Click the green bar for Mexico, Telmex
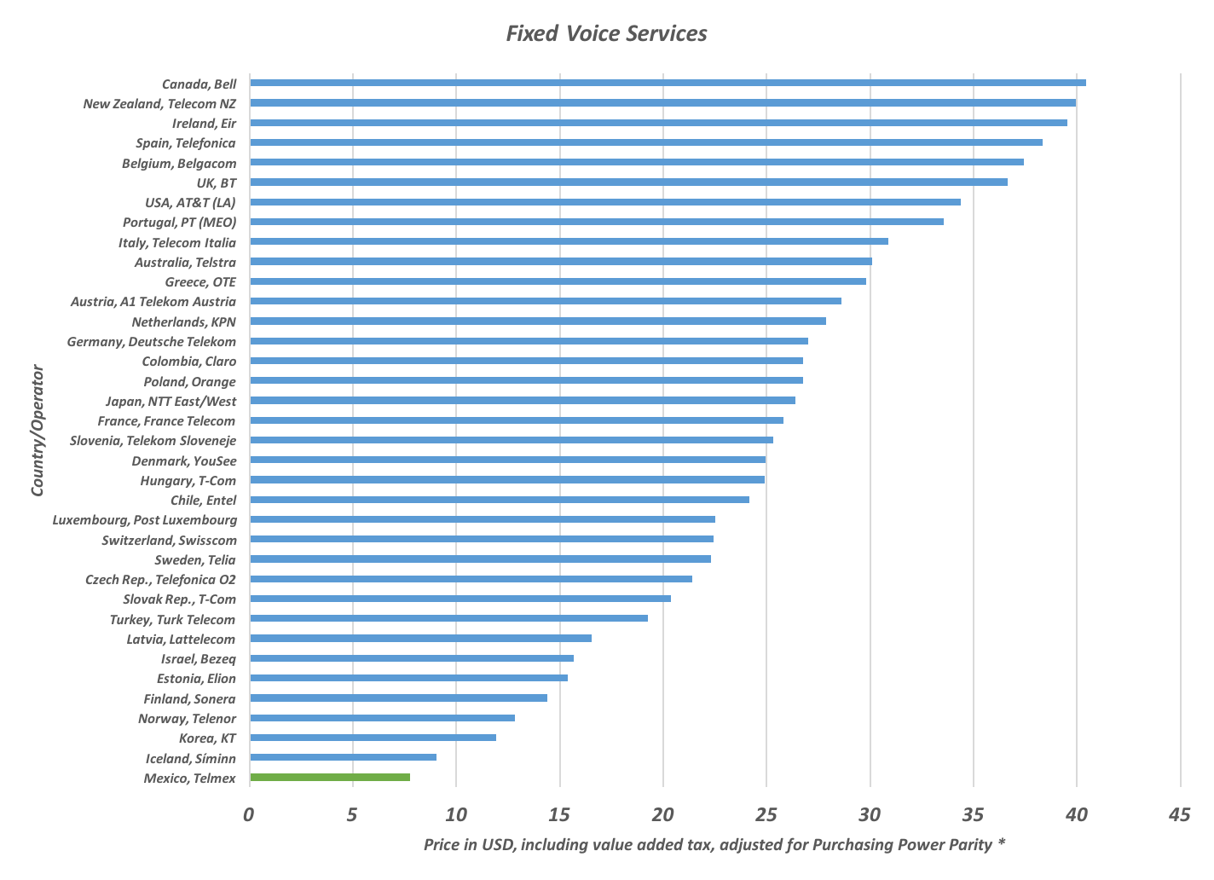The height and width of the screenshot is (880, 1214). coord(329,777)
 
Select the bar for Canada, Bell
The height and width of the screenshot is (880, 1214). coord(667,83)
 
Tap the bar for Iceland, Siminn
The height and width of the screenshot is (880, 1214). coord(343,757)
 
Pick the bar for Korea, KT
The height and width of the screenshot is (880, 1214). coord(373,738)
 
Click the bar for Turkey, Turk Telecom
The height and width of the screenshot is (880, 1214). coord(448,618)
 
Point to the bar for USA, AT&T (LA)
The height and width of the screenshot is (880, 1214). coord(604,202)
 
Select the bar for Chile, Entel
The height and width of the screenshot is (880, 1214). coord(499,500)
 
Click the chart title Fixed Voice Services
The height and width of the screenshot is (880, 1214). coord(606,33)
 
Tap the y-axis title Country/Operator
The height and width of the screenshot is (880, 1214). coord(38,430)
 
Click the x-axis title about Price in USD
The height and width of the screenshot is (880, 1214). coord(714,845)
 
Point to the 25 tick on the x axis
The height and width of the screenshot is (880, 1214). coord(766,815)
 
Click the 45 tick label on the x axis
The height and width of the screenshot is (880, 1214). coord(1179,815)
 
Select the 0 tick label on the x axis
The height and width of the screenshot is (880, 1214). coord(249,815)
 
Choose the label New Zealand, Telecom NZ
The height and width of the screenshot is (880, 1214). coord(159,104)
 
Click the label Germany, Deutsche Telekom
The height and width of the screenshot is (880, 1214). coord(152,342)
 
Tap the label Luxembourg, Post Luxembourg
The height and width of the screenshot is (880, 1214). coord(145,520)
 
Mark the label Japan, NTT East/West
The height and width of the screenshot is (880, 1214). coord(171,402)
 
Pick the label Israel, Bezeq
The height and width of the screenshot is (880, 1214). coord(199,659)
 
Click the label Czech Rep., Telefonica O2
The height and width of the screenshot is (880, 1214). coord(160,580)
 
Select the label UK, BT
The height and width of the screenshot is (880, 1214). coord(217,183)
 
